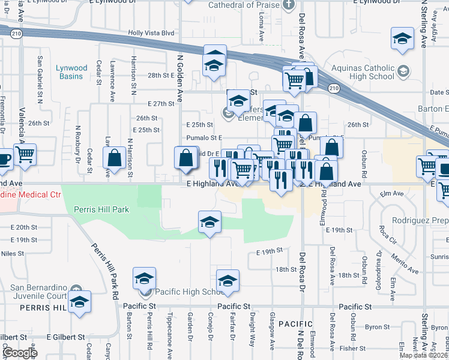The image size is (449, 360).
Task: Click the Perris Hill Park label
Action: [x=101, y=210]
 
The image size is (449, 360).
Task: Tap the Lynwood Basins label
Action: [x=71, y=72]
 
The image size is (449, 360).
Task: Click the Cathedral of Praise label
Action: [x=244, y=5]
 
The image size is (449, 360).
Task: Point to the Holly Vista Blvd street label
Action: [x=150, y=33]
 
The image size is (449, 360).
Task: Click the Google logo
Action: [x=19, y=353]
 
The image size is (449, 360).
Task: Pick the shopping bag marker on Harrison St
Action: [x=114, y=159]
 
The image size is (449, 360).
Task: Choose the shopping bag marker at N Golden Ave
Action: [x=186, y=158]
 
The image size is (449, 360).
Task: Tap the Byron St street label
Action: [x=378, y=328]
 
